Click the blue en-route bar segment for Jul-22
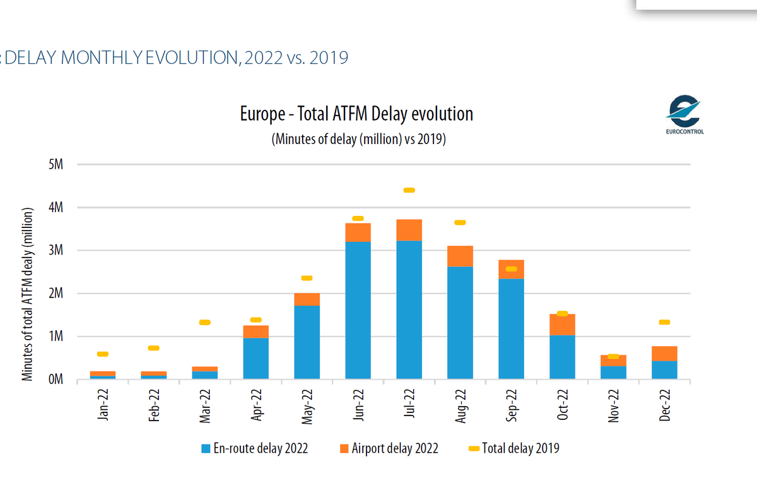pyautogui.click(x=409, y=309)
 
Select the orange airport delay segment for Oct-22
pyautogui.click(x=562, y=325)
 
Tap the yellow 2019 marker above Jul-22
pyautogui.click(x=409, y=190)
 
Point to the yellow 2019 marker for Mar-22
pyautogui.click(x=204, y=323)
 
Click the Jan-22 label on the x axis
pyautogui.click(x=103, y=405)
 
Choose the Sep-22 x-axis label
pyautogui.click(x=512, y=405)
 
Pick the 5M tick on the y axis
pyautogui.click(x=55, y=165)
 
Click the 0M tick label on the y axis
pyautogui.click(x=55, y=380)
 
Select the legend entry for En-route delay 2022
pyautogui.click(x=254, y=448)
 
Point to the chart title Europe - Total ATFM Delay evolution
pyautogui.click(x=356, y=114)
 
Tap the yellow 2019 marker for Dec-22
pyautogui.click(x=664, y=322)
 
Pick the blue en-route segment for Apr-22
pyautogui.click(x=255, y=359)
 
